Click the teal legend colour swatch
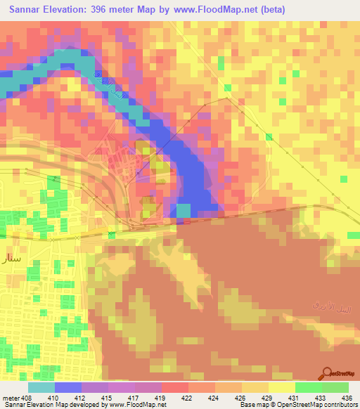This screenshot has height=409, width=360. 41,388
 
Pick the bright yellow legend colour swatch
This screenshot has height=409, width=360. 282,388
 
